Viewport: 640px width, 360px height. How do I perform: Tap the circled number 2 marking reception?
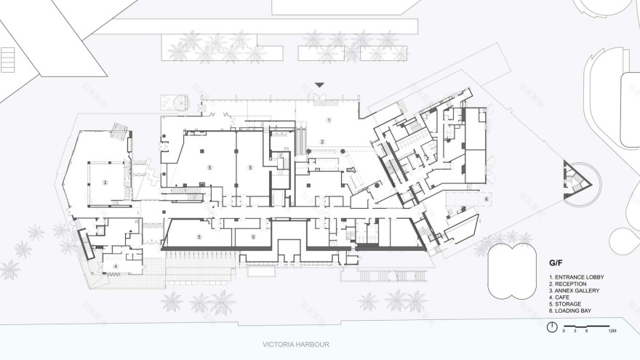coord(321,141)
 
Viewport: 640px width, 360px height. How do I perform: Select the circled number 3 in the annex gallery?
coord(105,183)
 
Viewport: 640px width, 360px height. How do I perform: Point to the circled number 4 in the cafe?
coord(115,266)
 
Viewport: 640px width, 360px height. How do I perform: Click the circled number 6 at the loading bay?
coord(487,199)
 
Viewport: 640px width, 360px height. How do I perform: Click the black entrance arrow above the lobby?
coord(319,85)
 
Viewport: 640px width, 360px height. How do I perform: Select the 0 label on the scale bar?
coord(564,331)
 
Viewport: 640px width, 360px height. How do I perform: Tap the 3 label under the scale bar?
coord(575,331)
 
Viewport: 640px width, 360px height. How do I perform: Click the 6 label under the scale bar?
coord(585,331)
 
